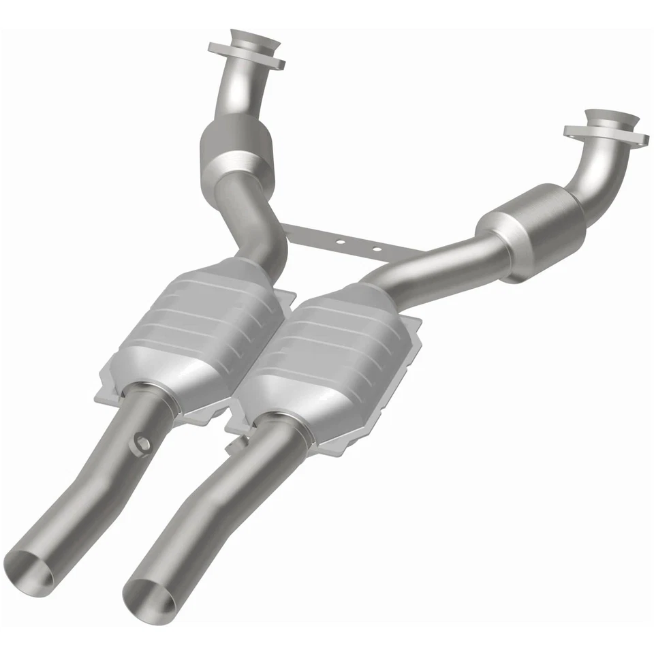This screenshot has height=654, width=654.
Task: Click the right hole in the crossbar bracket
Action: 375,249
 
